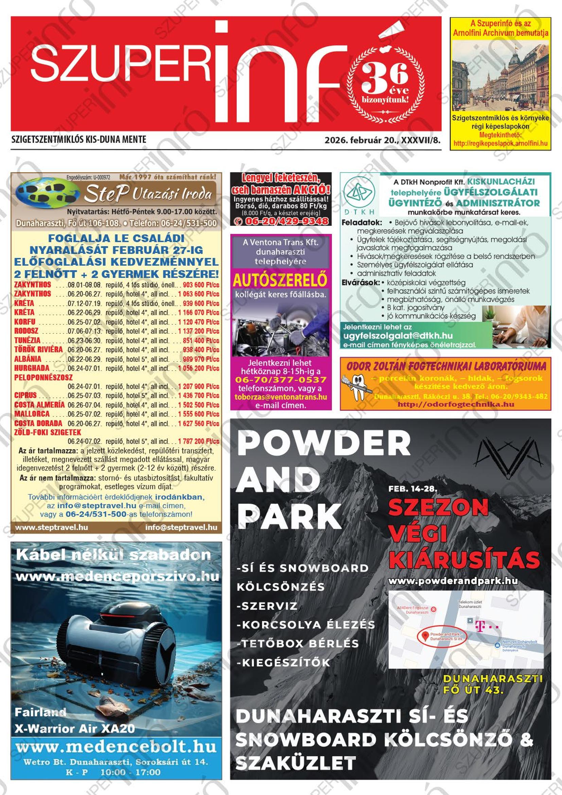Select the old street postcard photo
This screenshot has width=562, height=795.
click(x=500, y=75)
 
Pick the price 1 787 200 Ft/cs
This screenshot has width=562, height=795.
click(x=199, y=441)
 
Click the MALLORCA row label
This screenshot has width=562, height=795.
click(x=32, y=414)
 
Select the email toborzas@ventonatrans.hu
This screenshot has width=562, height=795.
click(x=280, y=397)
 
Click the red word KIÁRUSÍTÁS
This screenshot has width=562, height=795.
click(x=464, y=560)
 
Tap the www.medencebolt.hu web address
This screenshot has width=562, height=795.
click(x=116, y=747)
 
